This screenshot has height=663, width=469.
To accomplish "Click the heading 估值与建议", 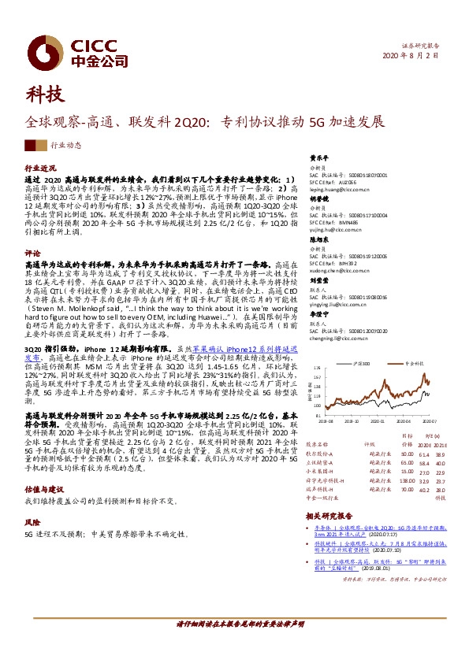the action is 44,489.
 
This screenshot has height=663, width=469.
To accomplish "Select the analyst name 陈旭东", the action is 318,239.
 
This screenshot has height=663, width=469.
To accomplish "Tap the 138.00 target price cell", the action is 407,480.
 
